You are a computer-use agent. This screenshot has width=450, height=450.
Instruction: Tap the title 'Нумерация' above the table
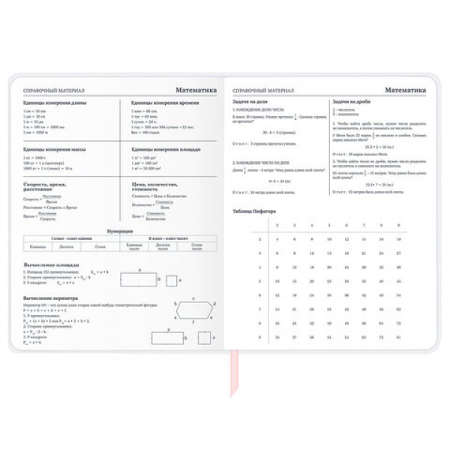point(120,232)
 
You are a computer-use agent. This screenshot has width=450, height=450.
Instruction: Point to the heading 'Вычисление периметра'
point(55,298)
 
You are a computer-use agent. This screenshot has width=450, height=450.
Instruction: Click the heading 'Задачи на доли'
point(252,101)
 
